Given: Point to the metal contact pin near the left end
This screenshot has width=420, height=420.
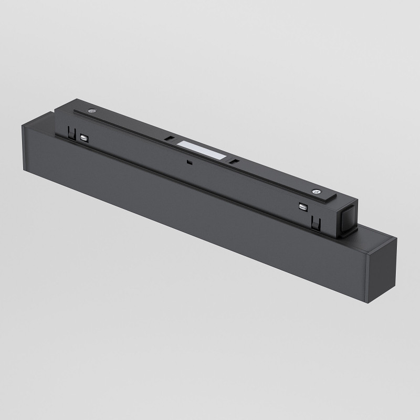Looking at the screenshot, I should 84,138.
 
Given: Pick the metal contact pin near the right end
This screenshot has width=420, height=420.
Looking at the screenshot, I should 302,207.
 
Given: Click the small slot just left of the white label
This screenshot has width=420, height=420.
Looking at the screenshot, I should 169,139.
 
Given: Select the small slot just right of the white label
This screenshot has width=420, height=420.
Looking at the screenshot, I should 235,161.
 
